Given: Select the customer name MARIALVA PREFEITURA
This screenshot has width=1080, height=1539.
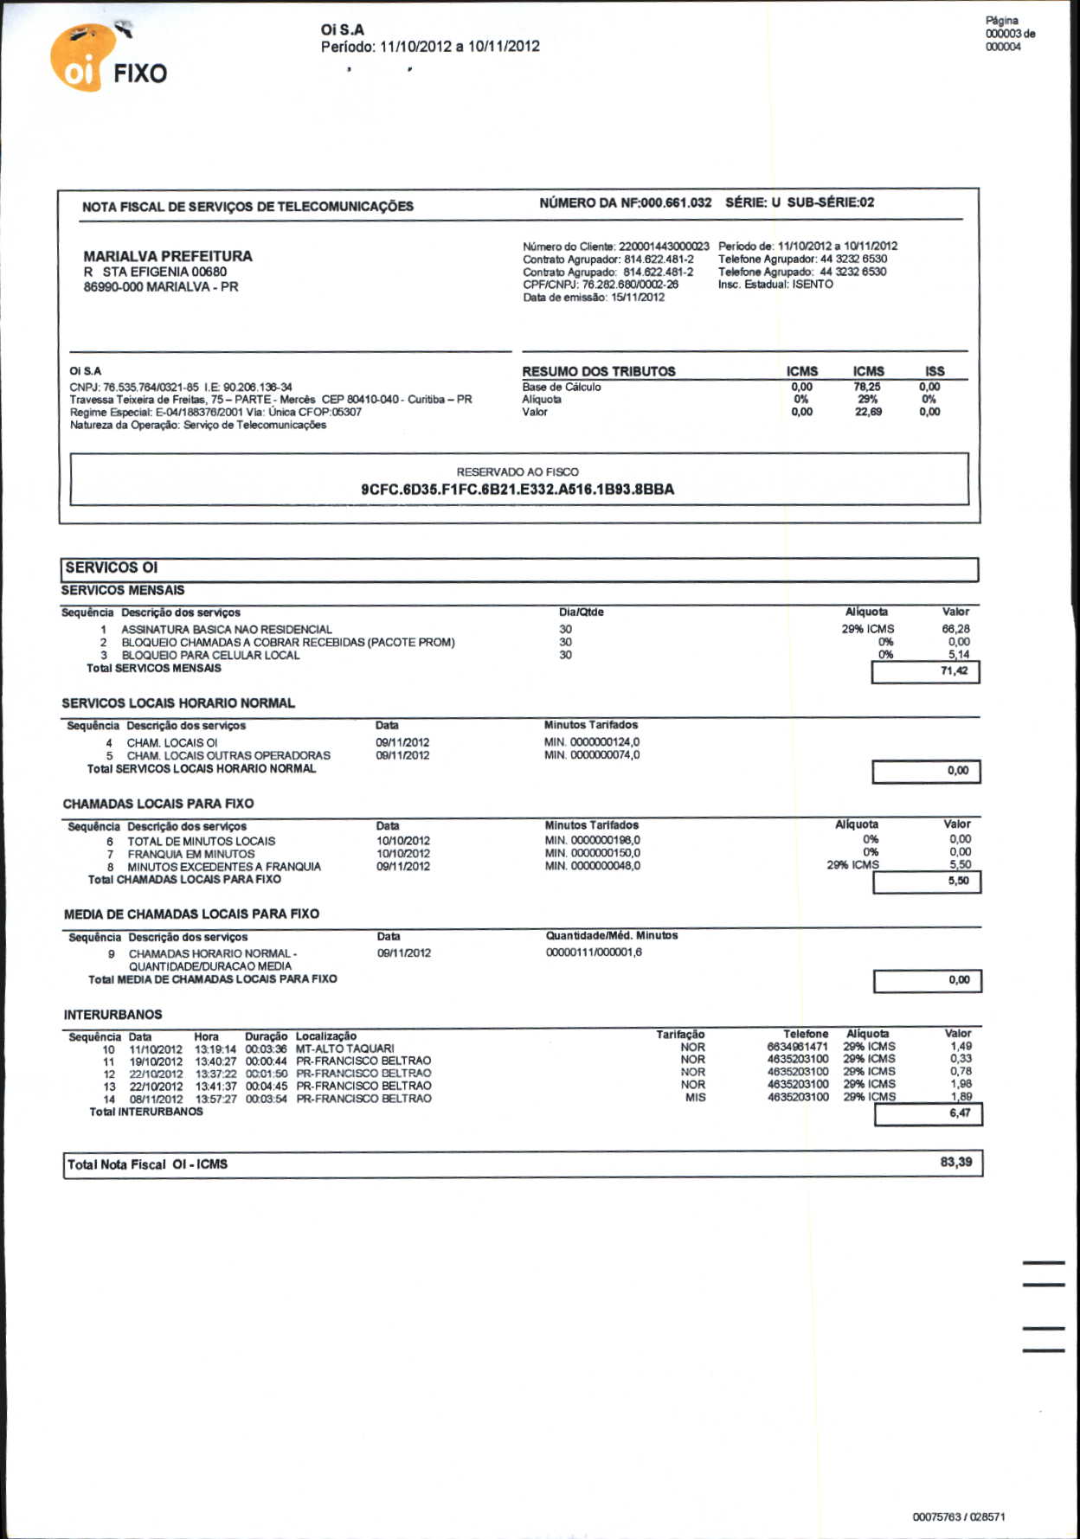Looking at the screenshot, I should tap(168, 256).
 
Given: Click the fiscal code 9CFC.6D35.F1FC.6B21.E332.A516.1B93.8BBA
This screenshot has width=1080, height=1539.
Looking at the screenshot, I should tap(517, 490).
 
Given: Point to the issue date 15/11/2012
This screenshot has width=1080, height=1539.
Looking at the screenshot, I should tap(638, 298).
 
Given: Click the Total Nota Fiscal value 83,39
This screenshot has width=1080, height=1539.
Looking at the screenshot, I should tap(955, 1162).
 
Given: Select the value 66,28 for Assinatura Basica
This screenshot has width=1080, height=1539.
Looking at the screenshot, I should tap(955, 629).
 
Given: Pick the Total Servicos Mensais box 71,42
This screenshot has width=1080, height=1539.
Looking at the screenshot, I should tap(926, 671).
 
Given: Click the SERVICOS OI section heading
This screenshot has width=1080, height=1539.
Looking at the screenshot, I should tap(112, 568).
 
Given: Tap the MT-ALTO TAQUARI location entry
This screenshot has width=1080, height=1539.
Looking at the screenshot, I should tap(344, 1048).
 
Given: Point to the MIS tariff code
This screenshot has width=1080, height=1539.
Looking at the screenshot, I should tap(695, 1098).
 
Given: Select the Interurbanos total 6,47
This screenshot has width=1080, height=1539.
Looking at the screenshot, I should tap(929, 1113).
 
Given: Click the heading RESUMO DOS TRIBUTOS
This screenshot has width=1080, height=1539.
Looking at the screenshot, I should tap(598, 371).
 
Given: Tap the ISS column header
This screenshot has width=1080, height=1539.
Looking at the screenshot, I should tap(935, 371).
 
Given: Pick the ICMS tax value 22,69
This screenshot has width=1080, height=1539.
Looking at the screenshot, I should tap(868, 412).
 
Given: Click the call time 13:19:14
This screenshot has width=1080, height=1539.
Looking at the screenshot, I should tap(215, 1048).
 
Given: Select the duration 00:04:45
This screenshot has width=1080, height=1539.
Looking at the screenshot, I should tap(266, 1086).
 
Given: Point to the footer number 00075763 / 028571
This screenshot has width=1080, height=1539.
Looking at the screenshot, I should tap(958, 1517).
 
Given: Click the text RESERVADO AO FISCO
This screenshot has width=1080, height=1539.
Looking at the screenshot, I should tap(517, 471).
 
